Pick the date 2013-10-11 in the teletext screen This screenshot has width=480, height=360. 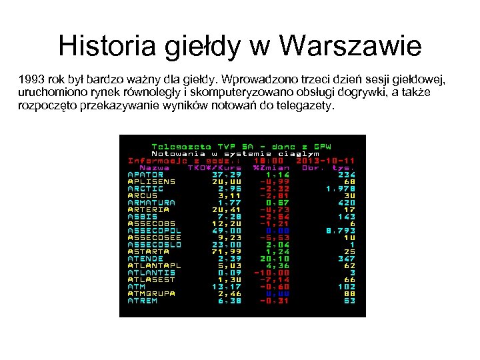(x=326, y=161)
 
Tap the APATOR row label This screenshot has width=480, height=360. (x=145, y=175)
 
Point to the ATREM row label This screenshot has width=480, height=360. (x=142, y=301)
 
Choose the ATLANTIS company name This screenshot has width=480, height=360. (x=151, y=273)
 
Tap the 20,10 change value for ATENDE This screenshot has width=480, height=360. (x=275, y=259)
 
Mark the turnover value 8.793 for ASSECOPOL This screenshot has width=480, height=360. (x=340, y=231)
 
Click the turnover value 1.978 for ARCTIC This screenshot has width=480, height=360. (x=340, y=189)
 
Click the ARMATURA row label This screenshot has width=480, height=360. (x=151, y=203)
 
